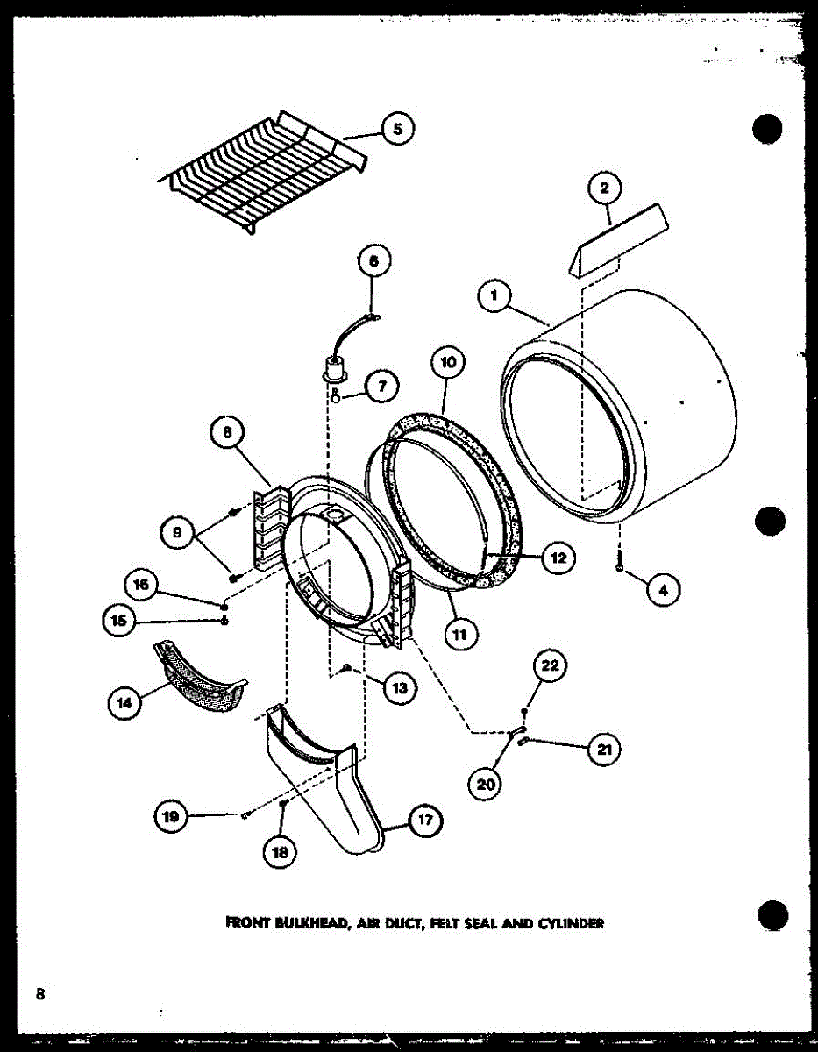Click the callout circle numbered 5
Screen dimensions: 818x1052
(397, 130)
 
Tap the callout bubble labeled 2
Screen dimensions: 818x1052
(605, 188)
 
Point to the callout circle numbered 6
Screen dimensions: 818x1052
(374, 260)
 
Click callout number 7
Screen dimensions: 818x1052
(382, 387)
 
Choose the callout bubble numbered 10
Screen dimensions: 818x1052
(448, 361)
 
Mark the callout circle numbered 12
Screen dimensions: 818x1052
(558, 557)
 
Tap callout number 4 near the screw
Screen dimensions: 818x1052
(664, 591)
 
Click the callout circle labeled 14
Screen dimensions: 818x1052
(124, 702)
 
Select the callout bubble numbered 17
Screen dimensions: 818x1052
(425, 821)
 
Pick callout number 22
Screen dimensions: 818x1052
(549, 666)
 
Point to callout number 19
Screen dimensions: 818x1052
(170, 817)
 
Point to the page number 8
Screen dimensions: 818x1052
(40, 993)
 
